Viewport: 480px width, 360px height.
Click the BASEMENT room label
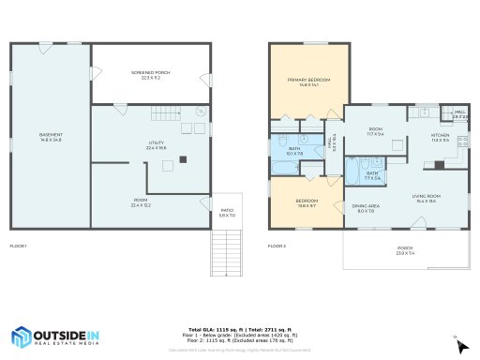pyautogui.click(x=51, y=137)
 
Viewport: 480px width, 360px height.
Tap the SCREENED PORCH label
pyautogui.click(x=151, y=76)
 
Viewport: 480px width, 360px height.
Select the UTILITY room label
pyautogui.click(x=157, y=145)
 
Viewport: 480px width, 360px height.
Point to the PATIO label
pyautogui.click(x=226, y=215)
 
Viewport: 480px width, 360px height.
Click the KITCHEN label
pyautogui.click(x=440, y=137)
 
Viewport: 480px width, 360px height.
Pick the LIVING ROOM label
pyautogui.click(x=427, y=198)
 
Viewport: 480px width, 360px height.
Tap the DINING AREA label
pyautogui.click(x=366, y=207)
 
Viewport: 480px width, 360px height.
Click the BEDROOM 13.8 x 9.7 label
pyautogui.click(x=307, y=202)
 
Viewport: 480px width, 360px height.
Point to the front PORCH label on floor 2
pyautogui.click(x=404, y=251)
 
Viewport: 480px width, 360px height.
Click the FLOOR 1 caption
pyautogui.click(x=19, y=246)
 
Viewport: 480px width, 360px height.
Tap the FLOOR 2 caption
pyautogui.click(x=277, y=246)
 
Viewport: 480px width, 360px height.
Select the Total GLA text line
pyautogui.click(x=240, y=330)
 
